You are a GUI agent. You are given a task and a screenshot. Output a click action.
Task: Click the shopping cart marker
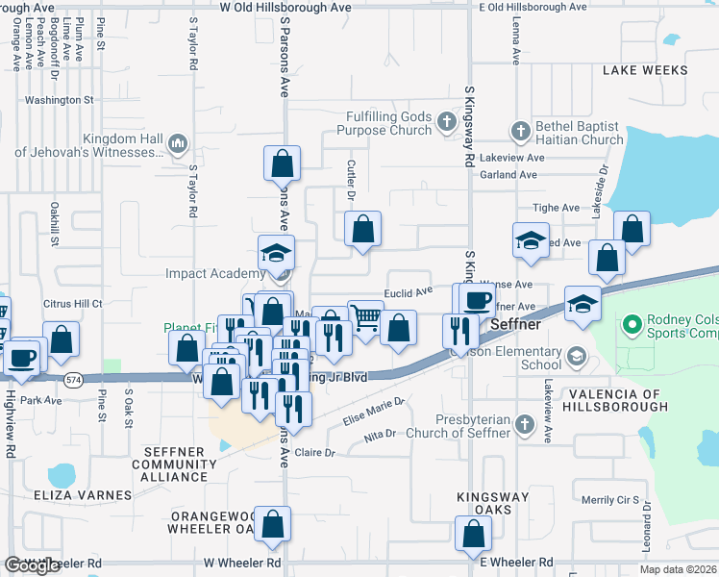click(x=365, y=317)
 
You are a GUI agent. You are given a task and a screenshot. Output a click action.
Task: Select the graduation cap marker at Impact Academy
click(x=277, y=254)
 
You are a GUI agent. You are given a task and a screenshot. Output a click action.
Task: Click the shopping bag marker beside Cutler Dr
click(x=363, y=229)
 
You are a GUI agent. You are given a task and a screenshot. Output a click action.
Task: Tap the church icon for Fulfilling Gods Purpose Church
click(x=445, y=122)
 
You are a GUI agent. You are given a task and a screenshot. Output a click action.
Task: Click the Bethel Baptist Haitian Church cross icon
click(x=520, y=130)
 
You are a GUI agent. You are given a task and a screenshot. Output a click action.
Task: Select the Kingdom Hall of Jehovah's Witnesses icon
click(x=177, y=145)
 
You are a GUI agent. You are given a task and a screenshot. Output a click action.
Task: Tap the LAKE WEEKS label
click(x=645, y=70)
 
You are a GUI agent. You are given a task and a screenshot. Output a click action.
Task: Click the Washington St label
click(x=59, y=99)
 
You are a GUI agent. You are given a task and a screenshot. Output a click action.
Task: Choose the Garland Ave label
click(x=508, y=175)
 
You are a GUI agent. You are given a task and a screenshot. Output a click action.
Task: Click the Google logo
click(x=32, y=565)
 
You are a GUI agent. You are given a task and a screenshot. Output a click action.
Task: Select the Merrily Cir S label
click(x=610, y=500)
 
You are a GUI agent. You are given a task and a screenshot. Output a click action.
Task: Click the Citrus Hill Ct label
click(x=73, y=303)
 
